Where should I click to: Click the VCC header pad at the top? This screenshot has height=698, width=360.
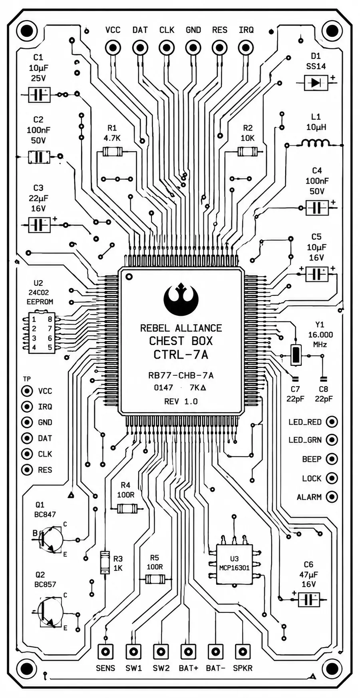pos(113,48)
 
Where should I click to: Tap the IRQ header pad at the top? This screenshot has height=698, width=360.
pos(246,48)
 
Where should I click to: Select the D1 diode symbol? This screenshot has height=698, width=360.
pos(316,83)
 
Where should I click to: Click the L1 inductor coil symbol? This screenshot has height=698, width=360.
pos(316,143)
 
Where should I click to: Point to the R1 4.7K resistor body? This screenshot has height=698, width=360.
pos(113,152)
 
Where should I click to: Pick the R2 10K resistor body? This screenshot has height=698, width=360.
pos(248,152)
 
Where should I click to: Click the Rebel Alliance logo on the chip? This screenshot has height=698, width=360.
pos(181,300)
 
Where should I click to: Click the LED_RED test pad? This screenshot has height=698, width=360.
pos(332,422)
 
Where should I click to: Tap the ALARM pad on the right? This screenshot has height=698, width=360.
pos(332,497)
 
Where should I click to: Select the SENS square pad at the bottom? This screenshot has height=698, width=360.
pos(105,652)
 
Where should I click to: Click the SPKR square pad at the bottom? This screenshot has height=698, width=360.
pos(242,652)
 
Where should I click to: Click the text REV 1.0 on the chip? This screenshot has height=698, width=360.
pos(181,401)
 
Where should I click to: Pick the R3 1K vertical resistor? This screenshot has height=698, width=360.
pos(105,562)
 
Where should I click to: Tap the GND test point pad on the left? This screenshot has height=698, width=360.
pos(27,422)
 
